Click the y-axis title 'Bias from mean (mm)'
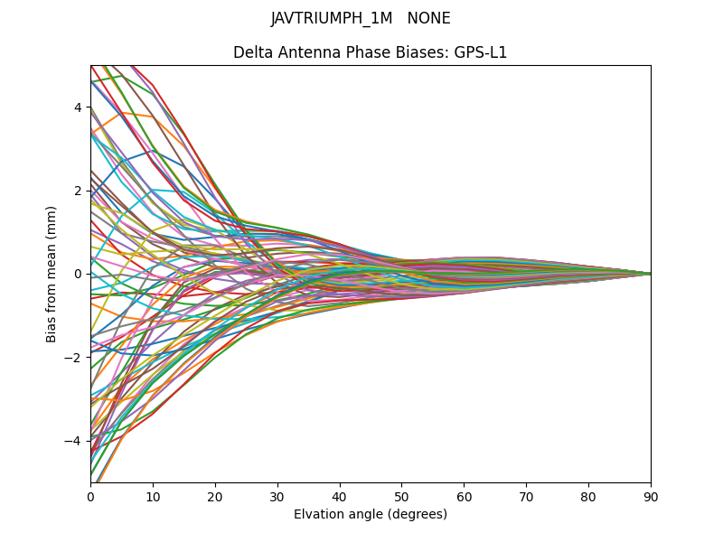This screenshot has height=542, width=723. tap(52, 274)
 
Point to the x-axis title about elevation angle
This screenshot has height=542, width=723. tap(371, 514)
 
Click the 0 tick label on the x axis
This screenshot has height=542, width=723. tap(90, 496)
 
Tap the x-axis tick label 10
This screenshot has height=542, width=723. tap(153, 496)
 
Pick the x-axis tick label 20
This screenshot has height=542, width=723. tap(215, 496)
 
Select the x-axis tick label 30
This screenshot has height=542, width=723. tap(277, 496)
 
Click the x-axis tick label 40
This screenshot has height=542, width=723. tap(340, 496)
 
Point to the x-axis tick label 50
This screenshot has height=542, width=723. tap(401, 496)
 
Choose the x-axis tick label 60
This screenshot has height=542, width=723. tap(464, 496)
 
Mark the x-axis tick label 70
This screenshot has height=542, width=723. tap(526, 496)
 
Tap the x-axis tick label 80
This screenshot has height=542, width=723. tap(588, 496)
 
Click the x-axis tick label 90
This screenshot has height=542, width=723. tap(651, 496)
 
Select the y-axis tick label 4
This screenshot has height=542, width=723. tap(78, 107)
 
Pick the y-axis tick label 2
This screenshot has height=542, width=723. tap(78, 191)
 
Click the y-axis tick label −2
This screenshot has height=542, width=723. tap(74, 357)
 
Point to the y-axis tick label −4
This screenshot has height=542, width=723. tap(74, 441)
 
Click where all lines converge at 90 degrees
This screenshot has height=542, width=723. tap(650, 274)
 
